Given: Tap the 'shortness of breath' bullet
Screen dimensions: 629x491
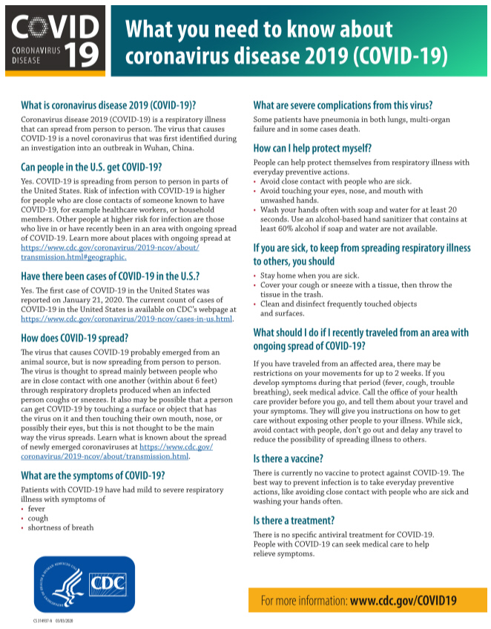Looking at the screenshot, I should click(x=61, y=527).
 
